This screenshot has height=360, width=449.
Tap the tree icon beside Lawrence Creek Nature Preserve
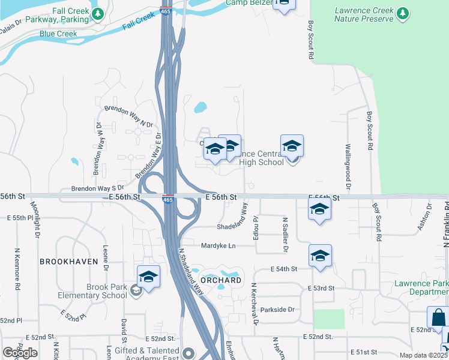tap(403, 13)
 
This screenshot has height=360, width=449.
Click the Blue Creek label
tap(58, 34)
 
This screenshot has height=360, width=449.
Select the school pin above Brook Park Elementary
tap(148, 277)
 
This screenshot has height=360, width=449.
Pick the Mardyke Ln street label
tap(218, 245)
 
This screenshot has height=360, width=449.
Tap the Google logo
tap(20, 353)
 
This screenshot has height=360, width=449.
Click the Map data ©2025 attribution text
tap(423, 355)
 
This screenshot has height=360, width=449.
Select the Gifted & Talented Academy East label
tap(147, 354)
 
